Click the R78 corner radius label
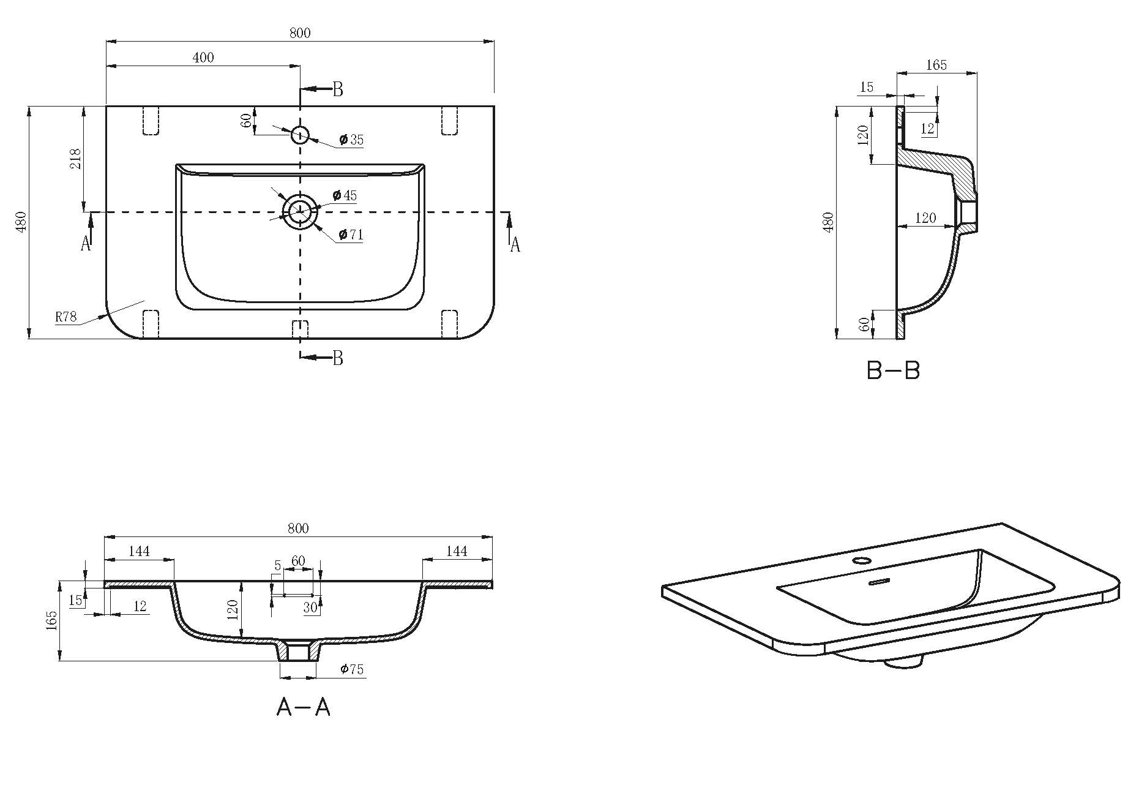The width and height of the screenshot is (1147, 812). tap(65, 317)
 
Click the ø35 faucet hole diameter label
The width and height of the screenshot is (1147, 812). tap(351, 140)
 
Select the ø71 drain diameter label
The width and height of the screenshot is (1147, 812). tap(351, 235)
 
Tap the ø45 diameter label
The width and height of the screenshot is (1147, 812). tap(345, 195)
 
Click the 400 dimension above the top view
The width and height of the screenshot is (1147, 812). tap(203, 58)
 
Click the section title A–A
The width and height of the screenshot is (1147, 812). tap(304, 707)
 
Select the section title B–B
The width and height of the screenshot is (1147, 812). tap(894, 370)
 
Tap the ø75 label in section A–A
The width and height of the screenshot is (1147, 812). tap(352, 669)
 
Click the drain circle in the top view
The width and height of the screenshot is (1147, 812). tap(300, 212)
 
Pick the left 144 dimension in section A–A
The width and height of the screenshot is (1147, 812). tap(139, 551)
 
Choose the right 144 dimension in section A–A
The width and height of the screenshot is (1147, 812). tap(457, 551)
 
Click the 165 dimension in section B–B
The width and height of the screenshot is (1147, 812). tap(936, 65)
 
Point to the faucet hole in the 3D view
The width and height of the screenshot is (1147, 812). tap(862, 560)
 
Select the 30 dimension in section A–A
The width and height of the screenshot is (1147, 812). tap(310, 607)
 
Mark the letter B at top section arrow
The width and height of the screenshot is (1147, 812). tap(338, 89)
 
